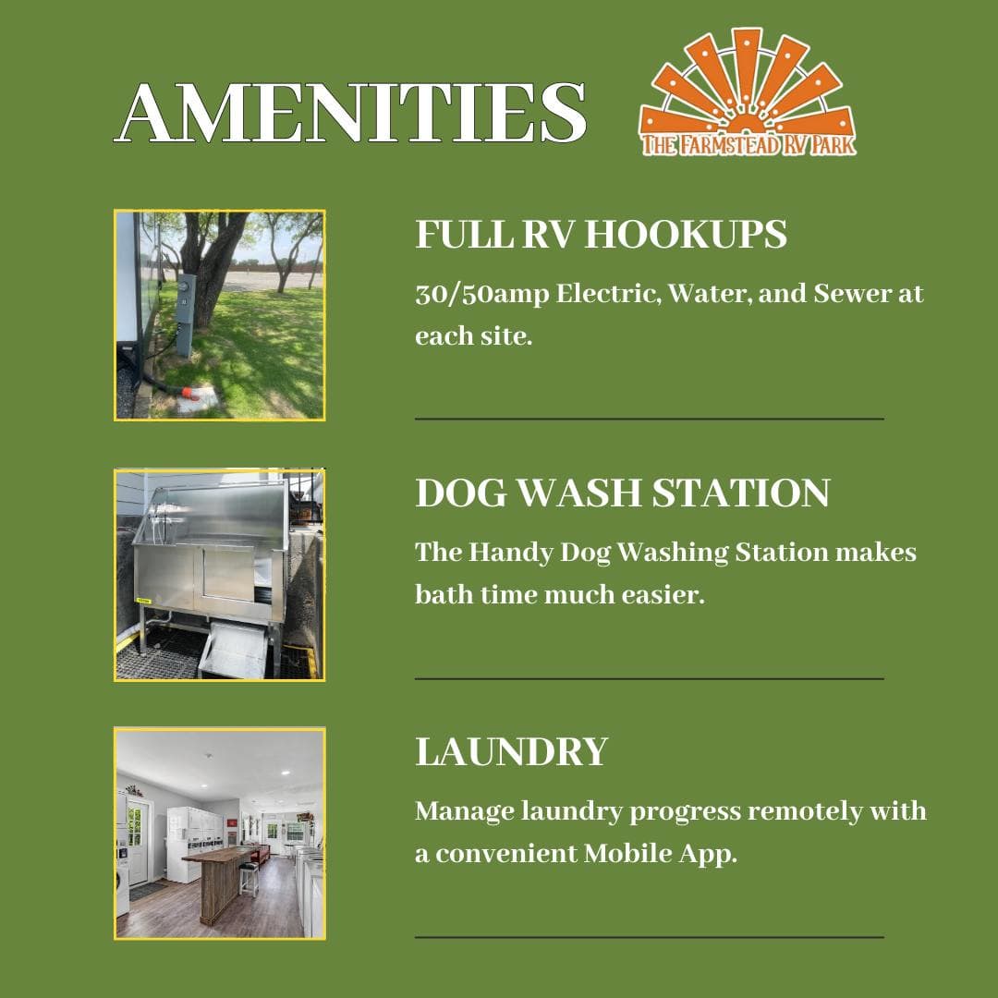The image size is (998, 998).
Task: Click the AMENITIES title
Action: click(350, 113)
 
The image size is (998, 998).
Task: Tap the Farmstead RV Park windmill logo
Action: click(748, 91)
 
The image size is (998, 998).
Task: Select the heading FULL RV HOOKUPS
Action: click(601, 234)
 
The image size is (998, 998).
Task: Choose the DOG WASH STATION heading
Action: click(623, 493)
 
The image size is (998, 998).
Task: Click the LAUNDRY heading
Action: click(512, 751)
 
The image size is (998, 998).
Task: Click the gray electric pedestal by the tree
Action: click(185, 315)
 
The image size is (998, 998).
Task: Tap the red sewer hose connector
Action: click(190, 393)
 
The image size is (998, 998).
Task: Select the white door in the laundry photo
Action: click(138, 840)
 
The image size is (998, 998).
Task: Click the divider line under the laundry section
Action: click(650, 937)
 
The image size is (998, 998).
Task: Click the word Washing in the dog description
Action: click(672, 554)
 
